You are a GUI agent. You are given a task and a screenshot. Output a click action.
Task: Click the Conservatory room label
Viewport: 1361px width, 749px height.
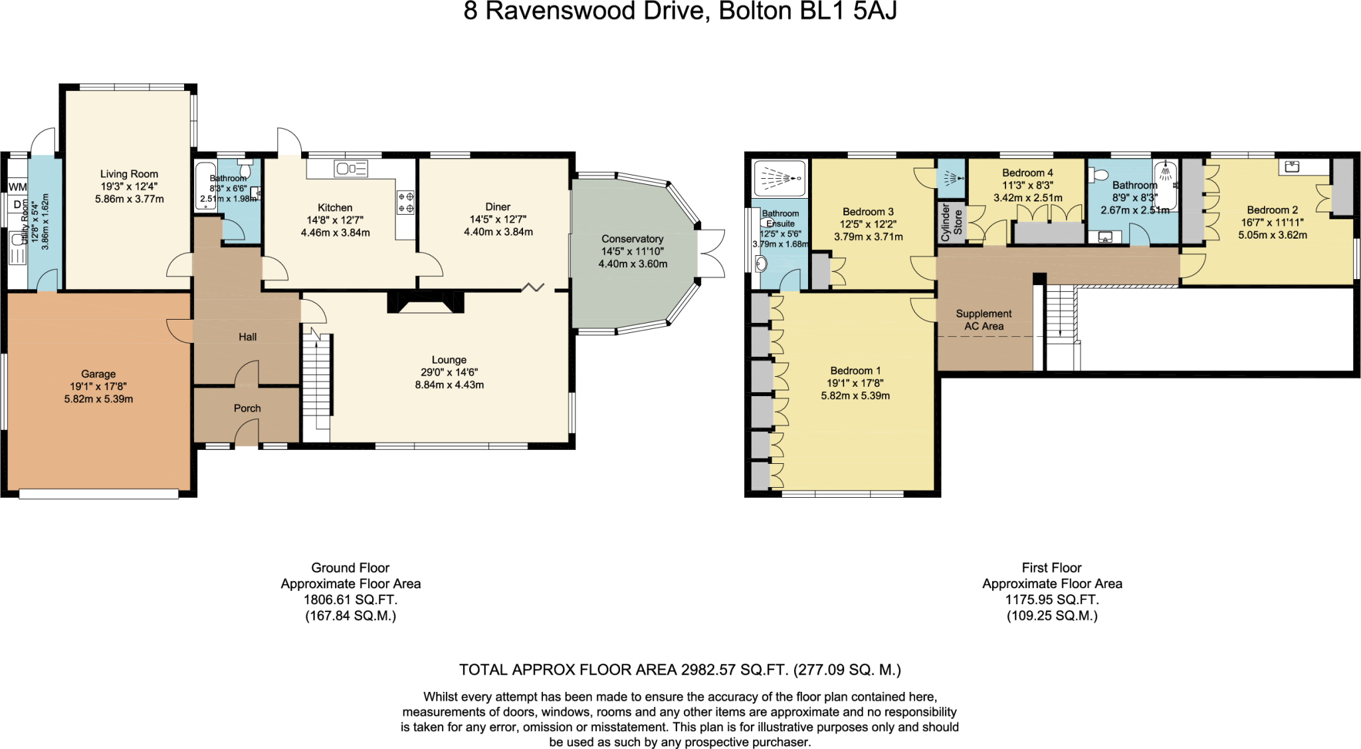632,239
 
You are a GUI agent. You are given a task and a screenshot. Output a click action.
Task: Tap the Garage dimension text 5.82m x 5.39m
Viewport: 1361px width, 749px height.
98,399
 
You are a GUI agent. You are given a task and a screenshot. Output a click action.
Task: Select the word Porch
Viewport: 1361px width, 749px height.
247,408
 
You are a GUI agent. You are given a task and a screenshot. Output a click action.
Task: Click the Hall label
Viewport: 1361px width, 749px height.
247,337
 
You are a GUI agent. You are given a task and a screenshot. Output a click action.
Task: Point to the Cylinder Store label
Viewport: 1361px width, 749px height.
951,223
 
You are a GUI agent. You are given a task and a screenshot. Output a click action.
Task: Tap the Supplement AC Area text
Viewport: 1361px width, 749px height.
984,320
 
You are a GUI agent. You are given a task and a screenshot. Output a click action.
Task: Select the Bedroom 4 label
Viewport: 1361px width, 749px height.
1027,173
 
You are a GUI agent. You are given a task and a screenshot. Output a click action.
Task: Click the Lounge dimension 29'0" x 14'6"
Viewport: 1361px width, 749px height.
449,373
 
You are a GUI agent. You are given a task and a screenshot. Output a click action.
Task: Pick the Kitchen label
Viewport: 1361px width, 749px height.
335,207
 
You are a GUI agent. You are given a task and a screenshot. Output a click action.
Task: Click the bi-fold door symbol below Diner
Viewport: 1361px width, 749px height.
533,287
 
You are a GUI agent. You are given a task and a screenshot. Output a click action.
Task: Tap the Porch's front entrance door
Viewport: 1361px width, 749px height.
247,436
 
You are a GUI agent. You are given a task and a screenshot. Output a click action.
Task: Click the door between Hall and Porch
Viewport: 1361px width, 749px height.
247,374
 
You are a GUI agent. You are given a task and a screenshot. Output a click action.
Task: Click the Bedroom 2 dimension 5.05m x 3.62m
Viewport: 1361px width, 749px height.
1272,235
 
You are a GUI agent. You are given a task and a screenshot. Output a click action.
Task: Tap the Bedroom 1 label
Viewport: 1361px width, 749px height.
855,371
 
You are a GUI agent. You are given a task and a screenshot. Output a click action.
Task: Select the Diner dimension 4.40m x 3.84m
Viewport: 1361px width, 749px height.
498,232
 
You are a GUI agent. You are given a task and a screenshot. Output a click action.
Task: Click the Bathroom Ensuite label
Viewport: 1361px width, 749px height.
780,219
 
